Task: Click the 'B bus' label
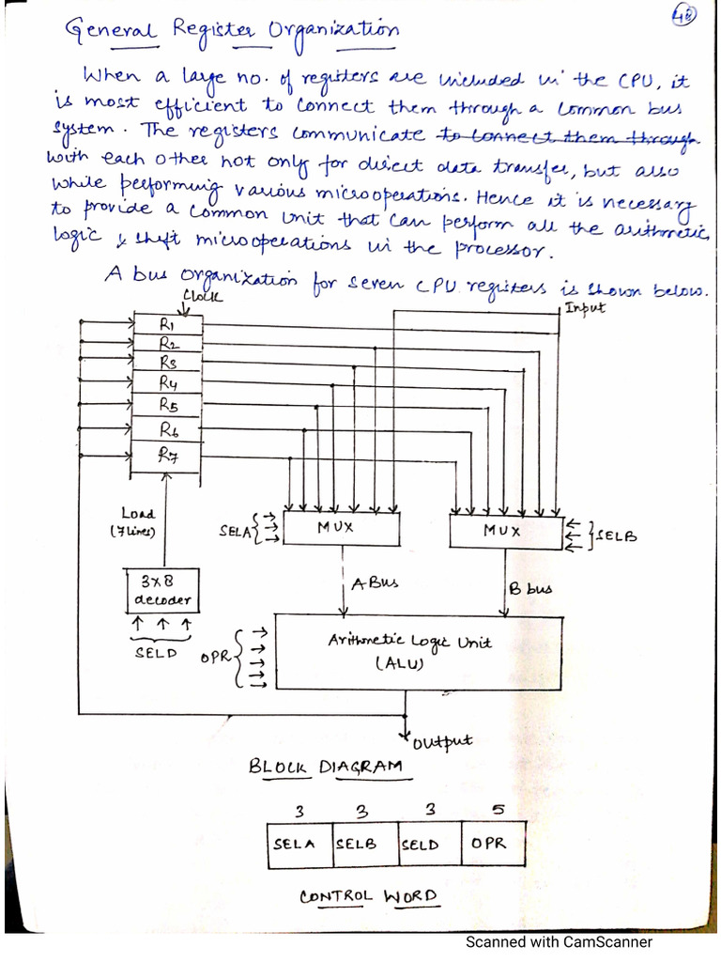[530, 589]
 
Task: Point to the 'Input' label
[587, 307]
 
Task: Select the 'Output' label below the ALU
[440, 743]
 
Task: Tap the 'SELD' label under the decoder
[156, 652]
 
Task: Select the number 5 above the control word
[498, 809]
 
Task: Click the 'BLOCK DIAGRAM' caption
[326, 767]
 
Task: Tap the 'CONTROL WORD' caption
[368, 896]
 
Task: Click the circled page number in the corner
[683, 18]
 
